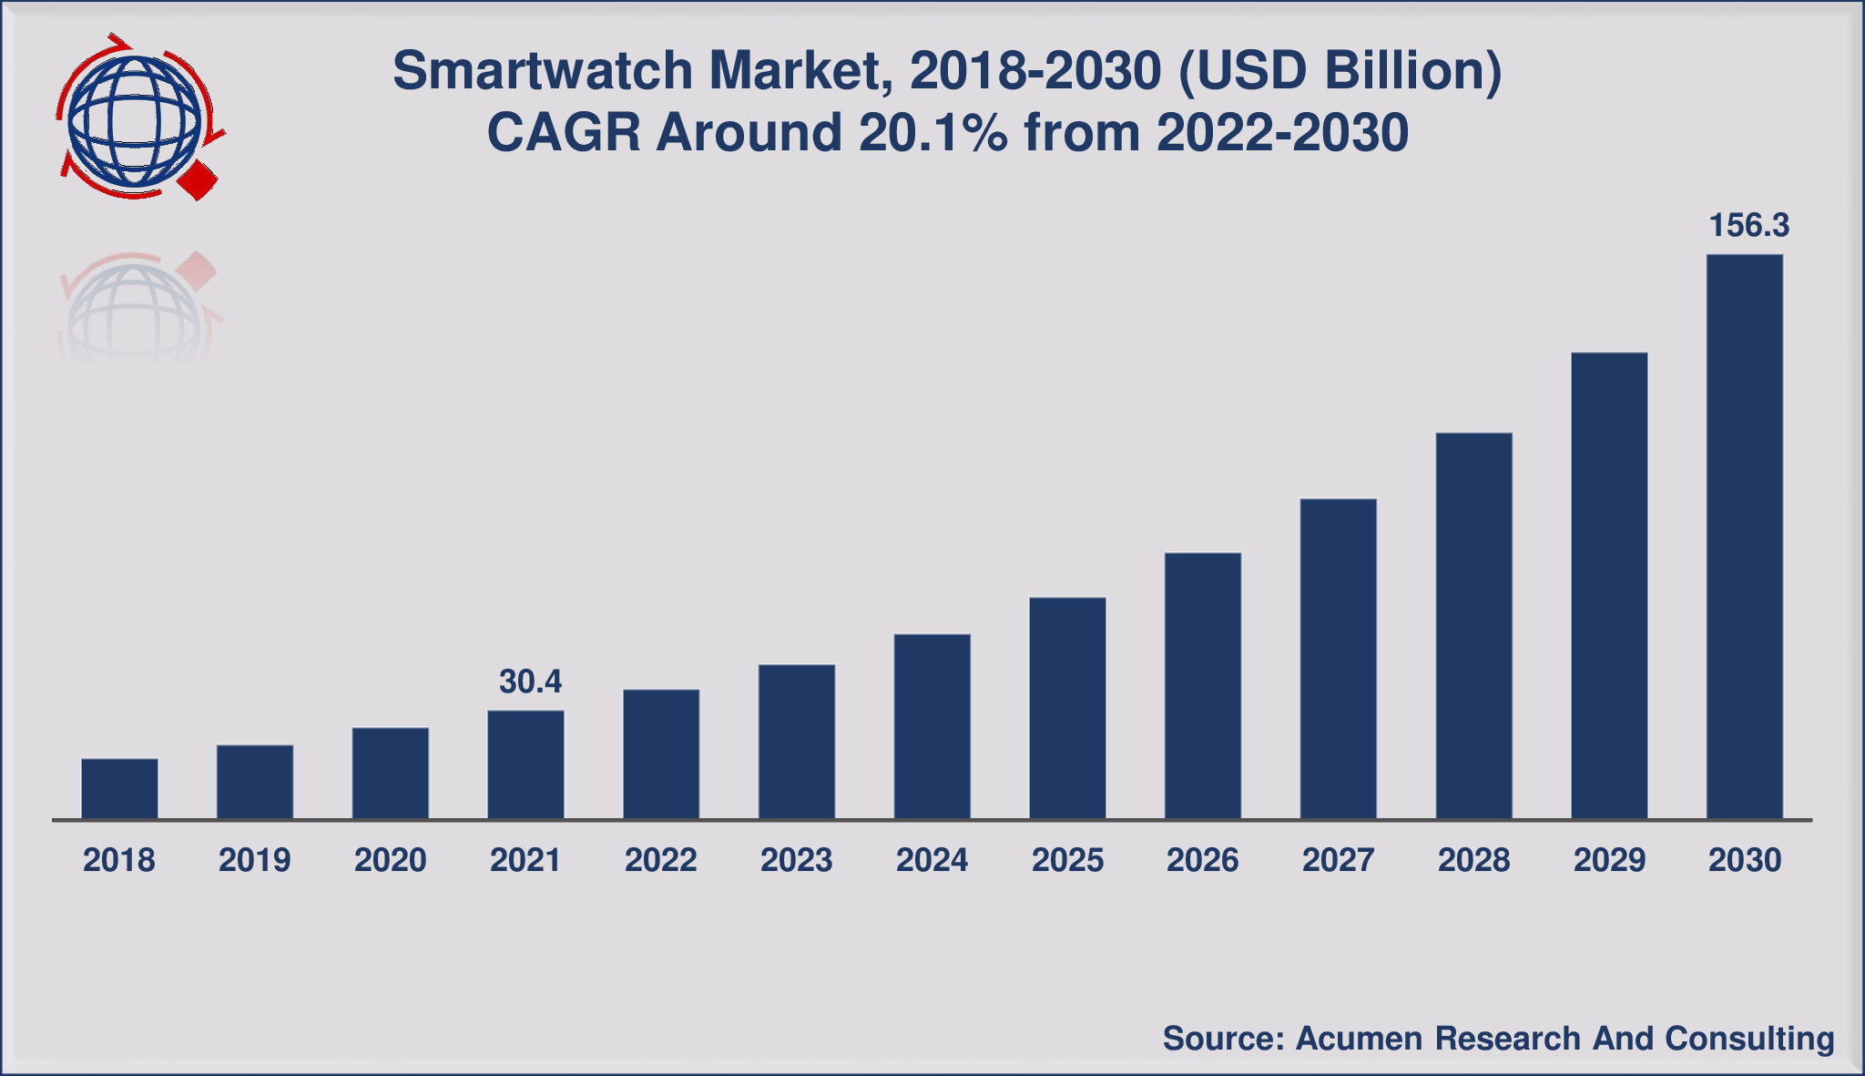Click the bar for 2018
tap(119, 789)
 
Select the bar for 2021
tap(525, 765)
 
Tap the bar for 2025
tap(1067, 709)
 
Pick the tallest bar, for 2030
tap(1744, 537)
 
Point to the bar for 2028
tap(1473, 626)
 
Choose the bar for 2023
tap(797, 742)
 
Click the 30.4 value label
tap(530, 681)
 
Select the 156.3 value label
tap(1748, 226)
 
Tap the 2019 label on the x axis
tap(255, 860)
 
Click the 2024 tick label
tap(932, 860)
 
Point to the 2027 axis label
tap(1338, 860)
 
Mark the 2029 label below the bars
tap(1609, 860)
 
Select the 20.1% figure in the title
tap(932, 133)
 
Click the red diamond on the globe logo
tap(198, 180)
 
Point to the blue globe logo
tap(134, 123)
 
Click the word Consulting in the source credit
tap(1748, 1039)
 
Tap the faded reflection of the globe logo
tap(137, 305)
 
